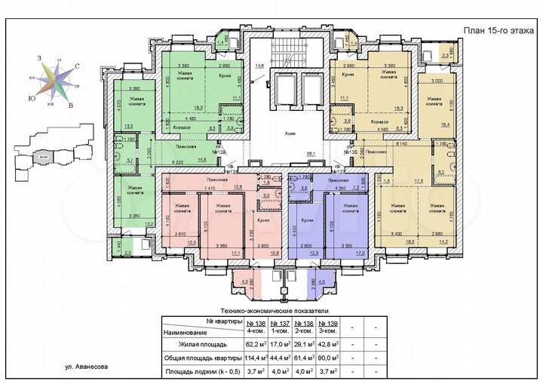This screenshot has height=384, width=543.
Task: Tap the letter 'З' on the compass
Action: coord(38,58)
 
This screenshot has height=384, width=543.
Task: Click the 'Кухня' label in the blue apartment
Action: coord(307,220)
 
